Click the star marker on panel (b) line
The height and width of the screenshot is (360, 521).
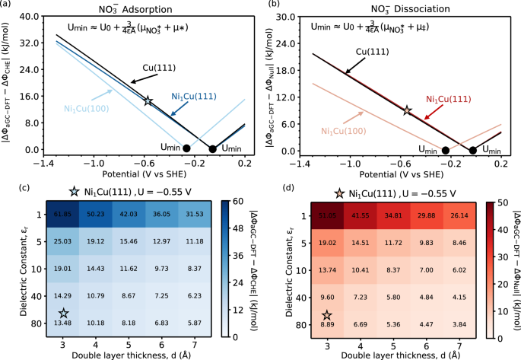[x=408, y=110]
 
